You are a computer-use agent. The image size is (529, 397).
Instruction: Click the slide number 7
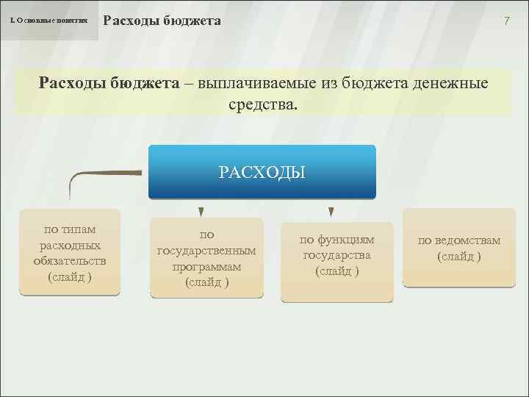click(506, 21)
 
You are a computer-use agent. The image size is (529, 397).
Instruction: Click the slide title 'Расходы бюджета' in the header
click(162, 21)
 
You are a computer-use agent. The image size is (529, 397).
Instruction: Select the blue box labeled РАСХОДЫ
click(262, 172)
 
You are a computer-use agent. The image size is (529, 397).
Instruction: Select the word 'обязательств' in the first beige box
click(70, 261)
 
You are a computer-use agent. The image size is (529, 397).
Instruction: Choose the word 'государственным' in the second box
click(206, 251)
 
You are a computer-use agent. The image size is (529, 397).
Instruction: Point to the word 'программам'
click(206, 266)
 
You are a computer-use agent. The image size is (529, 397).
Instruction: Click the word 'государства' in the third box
click(337, 255)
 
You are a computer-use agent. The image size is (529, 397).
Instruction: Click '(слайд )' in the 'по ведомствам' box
click(459, 256)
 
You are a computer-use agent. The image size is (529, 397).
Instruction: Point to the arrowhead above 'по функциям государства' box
click(331, 212)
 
